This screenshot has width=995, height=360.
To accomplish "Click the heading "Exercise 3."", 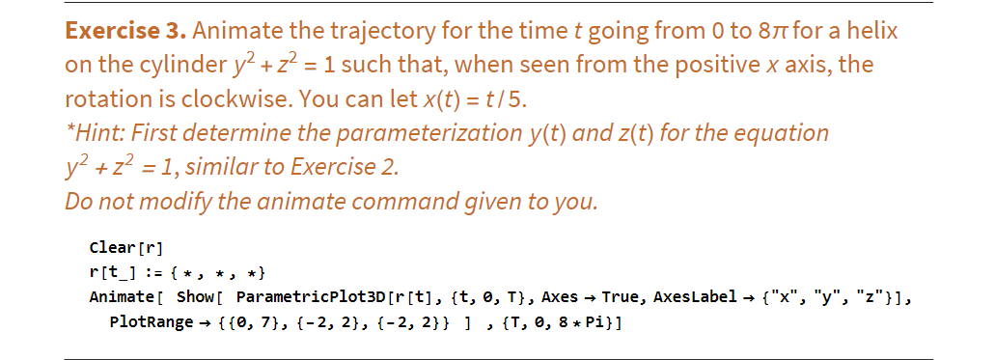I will pos(124,31).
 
